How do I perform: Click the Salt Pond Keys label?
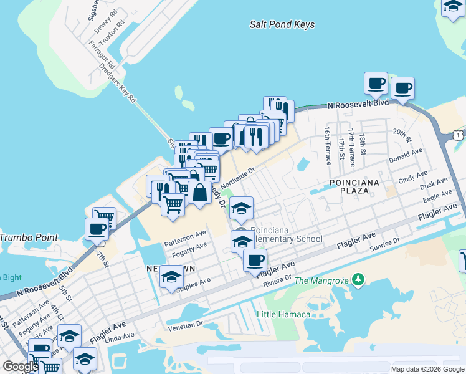282,25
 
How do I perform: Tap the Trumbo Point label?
29,237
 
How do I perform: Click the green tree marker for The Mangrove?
358,279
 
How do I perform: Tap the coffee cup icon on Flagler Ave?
254,260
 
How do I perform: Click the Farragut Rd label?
102,55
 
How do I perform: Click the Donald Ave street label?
406,160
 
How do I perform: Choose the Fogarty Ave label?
189,250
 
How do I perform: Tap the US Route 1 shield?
459,135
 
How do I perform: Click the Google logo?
21,367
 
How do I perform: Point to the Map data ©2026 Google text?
427,369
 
